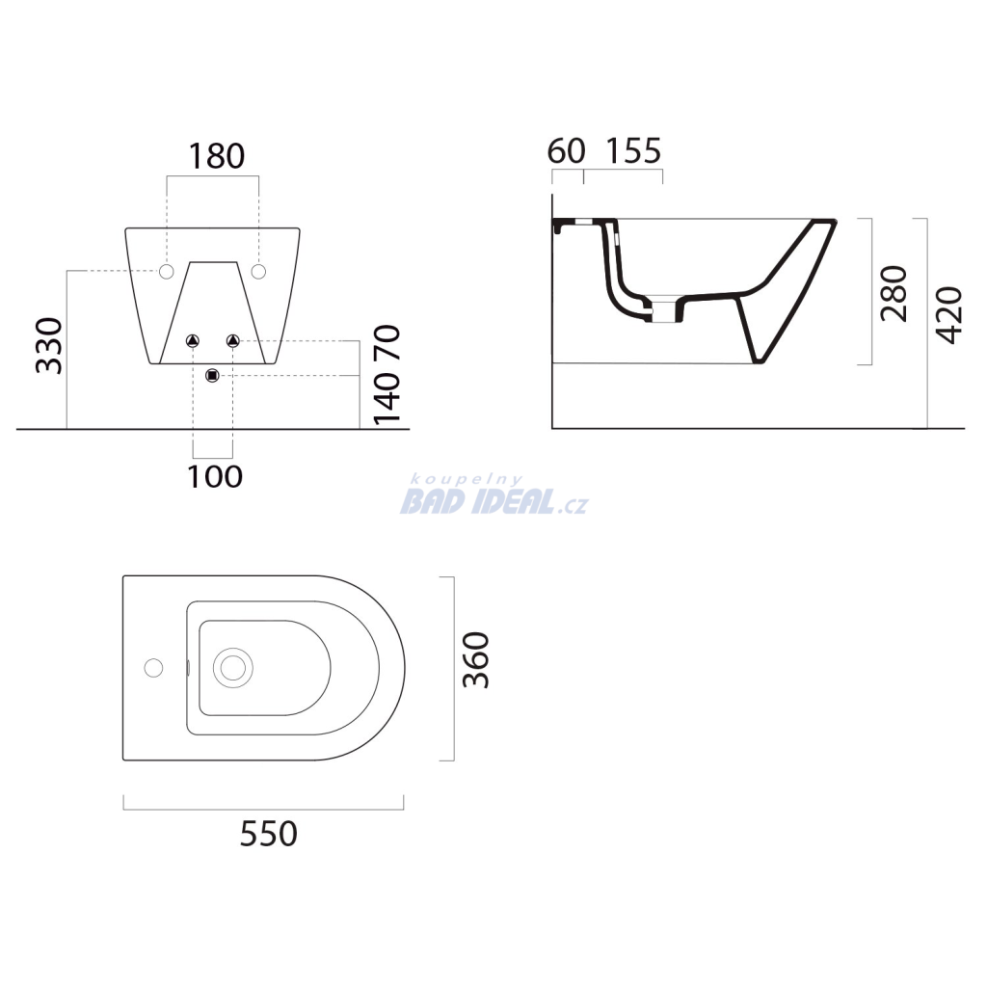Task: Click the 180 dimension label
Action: point(217,156)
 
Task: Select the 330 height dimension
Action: point(49,346)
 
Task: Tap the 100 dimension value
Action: point(215,476)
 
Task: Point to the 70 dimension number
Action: point(387,342)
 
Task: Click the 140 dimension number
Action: point(387,398)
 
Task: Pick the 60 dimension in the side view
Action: point(567,151)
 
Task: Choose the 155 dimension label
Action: point(634,151)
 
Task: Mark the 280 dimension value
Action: point(894,293)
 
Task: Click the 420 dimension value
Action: point(949,315)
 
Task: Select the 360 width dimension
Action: point(476,659)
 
